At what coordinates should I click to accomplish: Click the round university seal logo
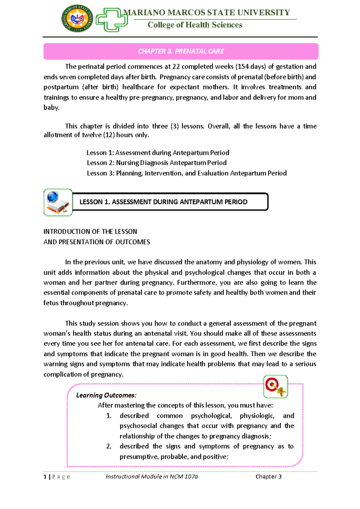pos(77,19)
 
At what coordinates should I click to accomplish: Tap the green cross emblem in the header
pos(112,20)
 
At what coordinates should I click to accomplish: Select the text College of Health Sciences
pos(195,25)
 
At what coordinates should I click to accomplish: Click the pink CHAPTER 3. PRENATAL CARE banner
pos(181,51)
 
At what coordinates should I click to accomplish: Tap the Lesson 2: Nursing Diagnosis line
pos(157,163)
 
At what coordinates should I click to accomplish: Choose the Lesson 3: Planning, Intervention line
pos(187,173)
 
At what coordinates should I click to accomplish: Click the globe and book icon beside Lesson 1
pos(58,202)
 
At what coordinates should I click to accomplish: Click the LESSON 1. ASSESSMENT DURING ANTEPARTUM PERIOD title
pos(163,202)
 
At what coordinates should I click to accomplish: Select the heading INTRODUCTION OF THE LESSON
pos(90,232)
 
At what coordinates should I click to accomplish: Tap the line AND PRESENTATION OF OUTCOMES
pos(97,242)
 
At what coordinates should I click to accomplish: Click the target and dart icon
pos(275,387)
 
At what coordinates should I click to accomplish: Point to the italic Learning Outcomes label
pos(106,395)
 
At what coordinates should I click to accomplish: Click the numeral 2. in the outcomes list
pos(109,446)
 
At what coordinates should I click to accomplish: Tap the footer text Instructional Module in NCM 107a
pos(152,477)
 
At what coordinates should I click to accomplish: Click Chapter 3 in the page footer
pos(268,477)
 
